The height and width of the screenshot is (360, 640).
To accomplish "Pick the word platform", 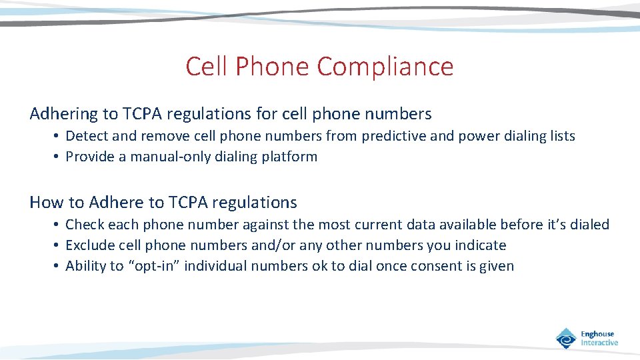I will tap(289, 157).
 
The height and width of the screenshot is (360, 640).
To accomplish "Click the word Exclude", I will tap(89, 245).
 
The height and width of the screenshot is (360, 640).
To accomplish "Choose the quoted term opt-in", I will tap(154, 266).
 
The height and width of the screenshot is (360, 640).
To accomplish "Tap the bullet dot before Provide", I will tap(58, 157).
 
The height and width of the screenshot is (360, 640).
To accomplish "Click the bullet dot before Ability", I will tap(58, 266).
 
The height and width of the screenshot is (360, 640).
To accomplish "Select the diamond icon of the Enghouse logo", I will tap(566, 338).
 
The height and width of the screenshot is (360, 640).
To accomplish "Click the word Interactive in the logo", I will tap(599, 343).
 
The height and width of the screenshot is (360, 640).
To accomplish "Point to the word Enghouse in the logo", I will tap(597, 334).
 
